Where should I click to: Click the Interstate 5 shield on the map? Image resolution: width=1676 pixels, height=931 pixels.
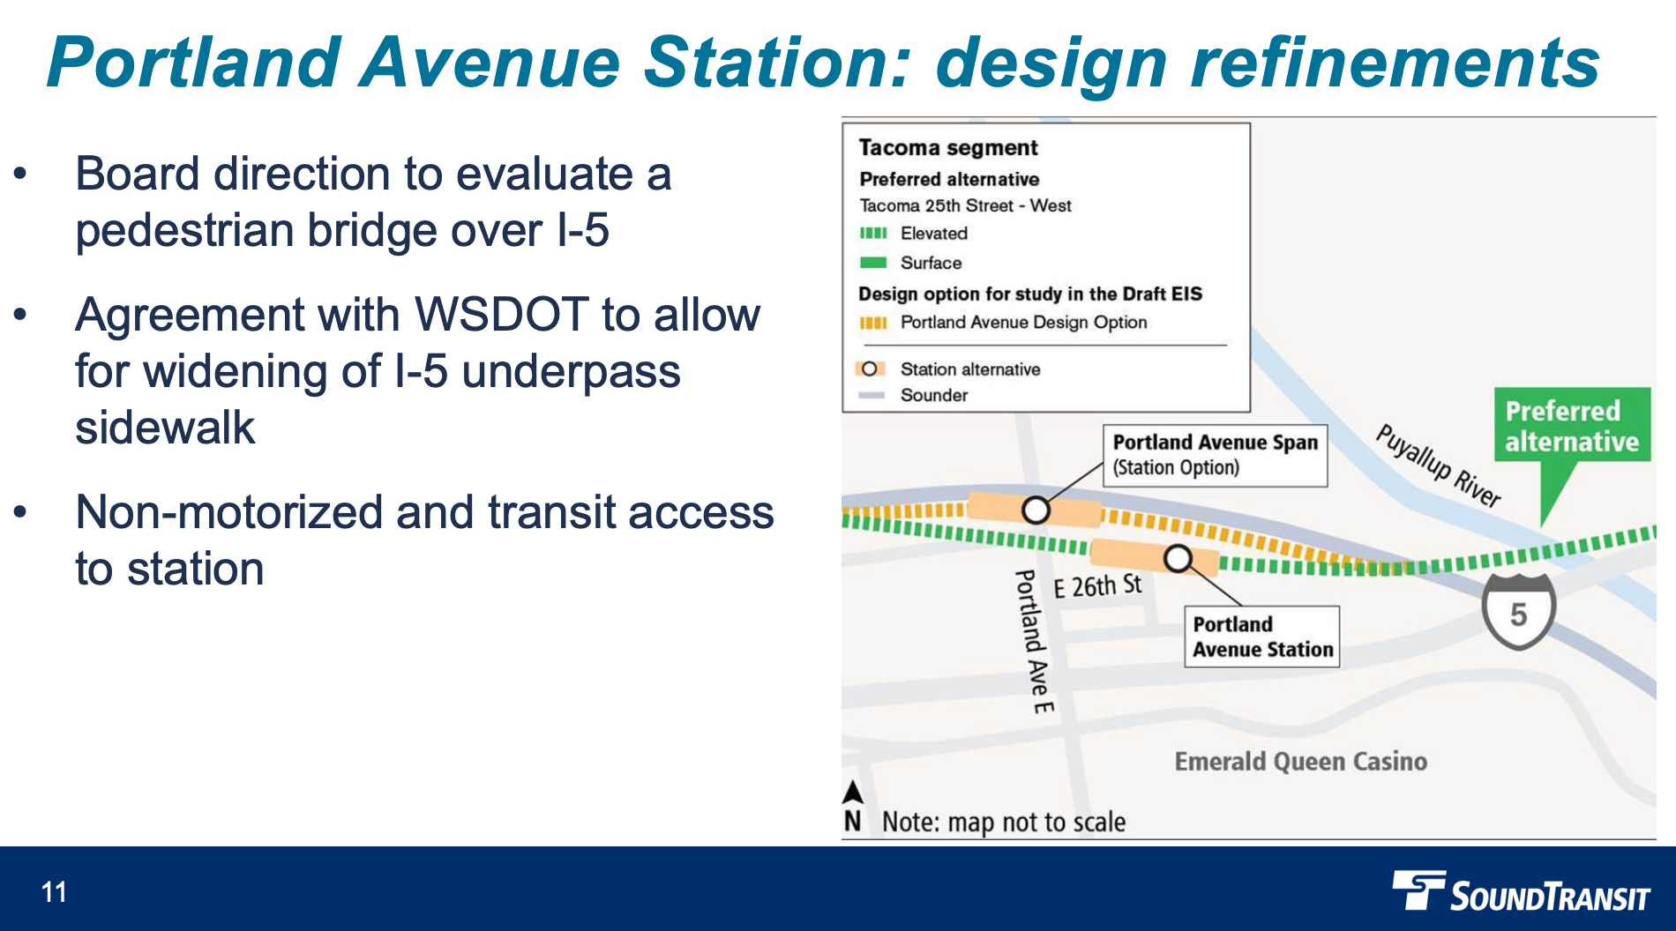click(1518, 612)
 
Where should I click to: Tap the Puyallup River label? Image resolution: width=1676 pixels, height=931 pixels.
click(1438, 465)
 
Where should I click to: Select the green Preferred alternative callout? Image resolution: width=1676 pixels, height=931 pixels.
click(1571, 427)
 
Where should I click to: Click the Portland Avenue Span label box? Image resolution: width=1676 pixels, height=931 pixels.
click(1215, 455)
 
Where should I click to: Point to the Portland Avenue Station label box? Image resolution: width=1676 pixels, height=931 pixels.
click(1261, 637)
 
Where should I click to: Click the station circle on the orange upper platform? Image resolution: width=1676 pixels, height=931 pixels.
click(1036, 510)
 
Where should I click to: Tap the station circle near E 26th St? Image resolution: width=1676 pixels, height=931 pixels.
click(1178, 558)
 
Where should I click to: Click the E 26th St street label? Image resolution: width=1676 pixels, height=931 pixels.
click(1097, 586)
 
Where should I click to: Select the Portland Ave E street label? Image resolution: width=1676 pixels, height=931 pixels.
click(1033, 641)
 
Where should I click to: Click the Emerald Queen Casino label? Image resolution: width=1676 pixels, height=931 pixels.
click(1300, 762)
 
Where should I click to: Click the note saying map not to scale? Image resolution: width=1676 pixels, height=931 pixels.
click(1004, 822)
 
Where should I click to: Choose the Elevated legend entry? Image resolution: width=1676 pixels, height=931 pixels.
click(933, 234)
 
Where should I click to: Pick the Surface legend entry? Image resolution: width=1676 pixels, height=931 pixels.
click(930, 263)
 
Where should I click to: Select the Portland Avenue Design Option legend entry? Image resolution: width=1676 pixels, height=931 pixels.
click(1022, 323)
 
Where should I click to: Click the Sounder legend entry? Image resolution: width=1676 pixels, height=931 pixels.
click(933, 395)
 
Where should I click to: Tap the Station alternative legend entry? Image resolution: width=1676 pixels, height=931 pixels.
click(969, 369)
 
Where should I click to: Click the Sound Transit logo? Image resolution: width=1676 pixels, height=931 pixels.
click(1521, 892)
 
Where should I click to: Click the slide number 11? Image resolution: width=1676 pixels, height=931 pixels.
click(54, 892)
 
